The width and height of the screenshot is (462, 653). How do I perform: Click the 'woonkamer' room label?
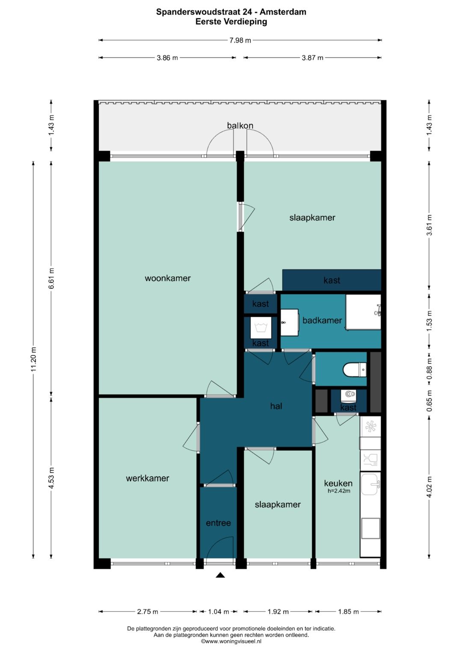pos(167,278)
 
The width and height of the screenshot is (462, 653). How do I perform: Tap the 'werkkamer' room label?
pos(147,478)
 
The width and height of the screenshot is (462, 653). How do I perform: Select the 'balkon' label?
pos(240,125)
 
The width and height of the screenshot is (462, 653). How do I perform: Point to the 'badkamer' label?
pos(322,320)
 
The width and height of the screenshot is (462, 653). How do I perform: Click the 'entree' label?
pos(218,523)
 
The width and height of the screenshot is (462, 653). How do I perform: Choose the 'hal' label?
pos(276,406)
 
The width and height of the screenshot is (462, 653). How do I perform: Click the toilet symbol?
pos(354,369)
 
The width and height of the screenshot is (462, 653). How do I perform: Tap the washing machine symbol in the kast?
pos(261,328)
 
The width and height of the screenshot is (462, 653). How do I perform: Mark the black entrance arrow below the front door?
pos(220,575)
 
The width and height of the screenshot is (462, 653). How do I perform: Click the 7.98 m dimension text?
pos(240,40)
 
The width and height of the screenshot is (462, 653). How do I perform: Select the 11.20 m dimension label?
pos(33,359)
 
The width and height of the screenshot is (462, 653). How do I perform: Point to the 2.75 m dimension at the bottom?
pos(148,612)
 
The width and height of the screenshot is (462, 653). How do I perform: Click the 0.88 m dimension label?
pos(429,369)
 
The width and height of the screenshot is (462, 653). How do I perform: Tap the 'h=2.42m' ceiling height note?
pos(339,491)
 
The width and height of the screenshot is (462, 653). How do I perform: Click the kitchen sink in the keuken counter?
pos(370,484)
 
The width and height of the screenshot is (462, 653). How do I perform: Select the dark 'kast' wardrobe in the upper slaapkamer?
pos(332,280)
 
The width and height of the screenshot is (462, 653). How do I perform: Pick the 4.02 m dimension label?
pos(429,487)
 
